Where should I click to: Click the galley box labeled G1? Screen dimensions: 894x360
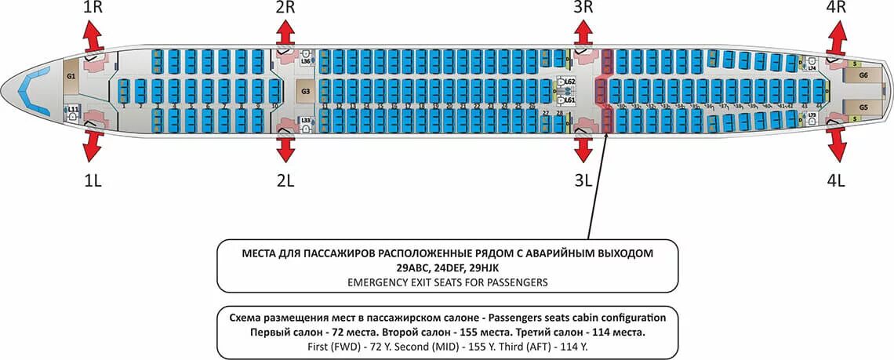point(71,76)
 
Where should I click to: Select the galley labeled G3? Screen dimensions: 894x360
point(305,91)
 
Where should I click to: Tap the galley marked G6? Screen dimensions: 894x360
point(863,75)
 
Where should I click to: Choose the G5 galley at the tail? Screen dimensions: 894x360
point(863,107)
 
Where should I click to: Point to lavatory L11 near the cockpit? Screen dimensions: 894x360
point(72,111)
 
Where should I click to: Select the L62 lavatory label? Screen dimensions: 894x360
point(570,82)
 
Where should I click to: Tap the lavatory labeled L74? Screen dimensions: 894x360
point(812,67)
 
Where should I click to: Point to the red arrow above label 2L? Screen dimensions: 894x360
point(285,146)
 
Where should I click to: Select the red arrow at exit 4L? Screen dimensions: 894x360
point(837,146)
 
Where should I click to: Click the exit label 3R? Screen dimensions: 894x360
point(582,8)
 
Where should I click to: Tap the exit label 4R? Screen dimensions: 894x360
point(836,8)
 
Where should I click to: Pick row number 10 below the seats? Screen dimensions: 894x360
point(274,106)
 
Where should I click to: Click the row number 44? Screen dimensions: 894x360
point(819,106)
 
